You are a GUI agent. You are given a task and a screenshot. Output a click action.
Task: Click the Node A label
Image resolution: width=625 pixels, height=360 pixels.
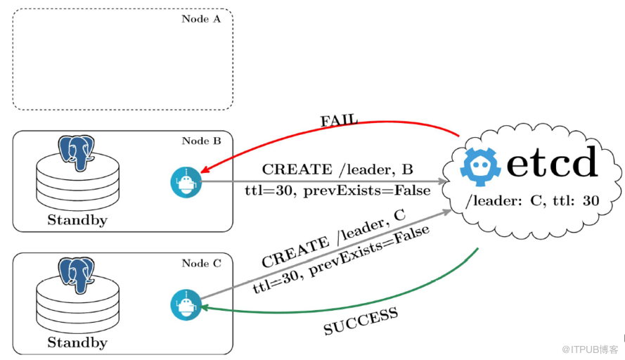coord(201,19)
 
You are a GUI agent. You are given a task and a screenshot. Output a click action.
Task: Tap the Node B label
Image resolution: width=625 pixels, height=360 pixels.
coord(201,141)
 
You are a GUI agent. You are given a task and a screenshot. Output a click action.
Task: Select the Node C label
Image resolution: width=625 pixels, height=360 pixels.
coord(201,263)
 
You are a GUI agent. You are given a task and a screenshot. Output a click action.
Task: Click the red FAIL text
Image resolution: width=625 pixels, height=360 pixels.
coord(339,120)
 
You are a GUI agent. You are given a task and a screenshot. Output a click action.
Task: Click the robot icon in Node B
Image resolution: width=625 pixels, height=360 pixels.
coord(186,183)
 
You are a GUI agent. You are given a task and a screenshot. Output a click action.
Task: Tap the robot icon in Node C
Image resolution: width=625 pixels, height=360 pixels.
coord(186,305)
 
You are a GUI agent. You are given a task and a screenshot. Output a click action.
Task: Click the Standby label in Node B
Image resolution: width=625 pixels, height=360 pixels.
coord(77,219)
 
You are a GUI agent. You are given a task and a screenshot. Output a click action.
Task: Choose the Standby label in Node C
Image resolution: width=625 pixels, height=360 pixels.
coord(77,342)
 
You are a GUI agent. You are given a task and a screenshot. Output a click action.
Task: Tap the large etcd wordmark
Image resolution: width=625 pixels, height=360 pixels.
coord(552,163)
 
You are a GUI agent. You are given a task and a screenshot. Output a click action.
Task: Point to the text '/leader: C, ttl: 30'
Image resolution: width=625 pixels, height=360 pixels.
coord(532,201)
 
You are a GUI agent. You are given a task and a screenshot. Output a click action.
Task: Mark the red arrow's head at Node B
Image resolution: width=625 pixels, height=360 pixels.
coord(203,172)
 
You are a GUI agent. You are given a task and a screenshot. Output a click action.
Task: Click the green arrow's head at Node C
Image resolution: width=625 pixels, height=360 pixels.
coord(203,307)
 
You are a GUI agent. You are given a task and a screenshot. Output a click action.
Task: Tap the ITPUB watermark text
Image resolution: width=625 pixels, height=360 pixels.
coord(591,349)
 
